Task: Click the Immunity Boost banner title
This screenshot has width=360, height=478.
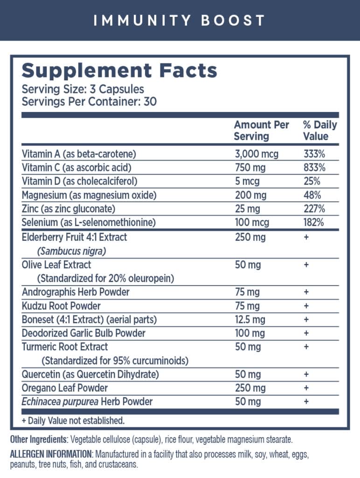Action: tap(180, 21)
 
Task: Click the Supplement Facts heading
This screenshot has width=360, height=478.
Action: tap(119, 70)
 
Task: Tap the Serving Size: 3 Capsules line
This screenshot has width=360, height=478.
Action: tap(83, 89)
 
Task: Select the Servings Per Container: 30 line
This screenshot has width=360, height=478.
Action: tap(89, 101)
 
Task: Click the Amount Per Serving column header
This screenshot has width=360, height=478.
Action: tap(261, 131)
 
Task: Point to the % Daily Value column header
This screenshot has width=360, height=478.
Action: tap(319, 131)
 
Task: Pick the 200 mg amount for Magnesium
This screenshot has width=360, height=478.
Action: tap(249, 195)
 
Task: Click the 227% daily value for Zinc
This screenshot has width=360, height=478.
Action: tap(314, 209)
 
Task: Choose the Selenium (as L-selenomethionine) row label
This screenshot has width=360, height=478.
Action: tap(88, 222)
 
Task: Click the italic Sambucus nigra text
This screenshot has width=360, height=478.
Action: tap(72, 251)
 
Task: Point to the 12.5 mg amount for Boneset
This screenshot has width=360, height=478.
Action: tap(250, 320)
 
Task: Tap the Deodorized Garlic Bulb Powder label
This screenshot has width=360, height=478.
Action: tap(83, 333)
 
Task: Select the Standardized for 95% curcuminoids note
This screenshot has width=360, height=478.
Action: tap(115, 361)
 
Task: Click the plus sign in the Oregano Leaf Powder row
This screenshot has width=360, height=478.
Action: tap(306, 388)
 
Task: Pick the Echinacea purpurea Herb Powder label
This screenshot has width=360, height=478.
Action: tap(87, 401)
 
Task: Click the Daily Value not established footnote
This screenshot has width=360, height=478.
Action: tap(73, 421)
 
